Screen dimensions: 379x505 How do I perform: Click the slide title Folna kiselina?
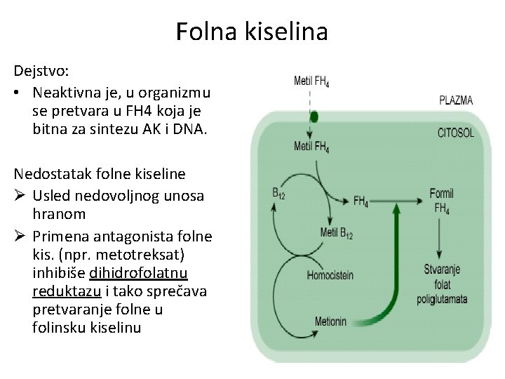(x=252, y=32)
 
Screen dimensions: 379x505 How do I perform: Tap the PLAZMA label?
(x=456, y=100)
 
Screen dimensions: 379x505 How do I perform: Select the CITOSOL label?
(x=456, y=132)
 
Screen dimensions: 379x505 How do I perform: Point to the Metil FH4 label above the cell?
(x=311, y=82)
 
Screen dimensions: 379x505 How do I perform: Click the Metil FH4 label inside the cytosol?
(x=311, y=147)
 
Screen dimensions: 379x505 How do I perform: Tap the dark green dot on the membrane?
(x=314, y=117)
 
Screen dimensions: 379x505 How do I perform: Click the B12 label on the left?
(x=279, y=192)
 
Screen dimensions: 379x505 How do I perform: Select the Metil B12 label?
(x=337, y=233)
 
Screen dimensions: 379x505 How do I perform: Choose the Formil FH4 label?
(x=442, y=200)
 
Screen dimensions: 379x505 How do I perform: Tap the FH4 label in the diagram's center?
(x=361, y=201)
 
